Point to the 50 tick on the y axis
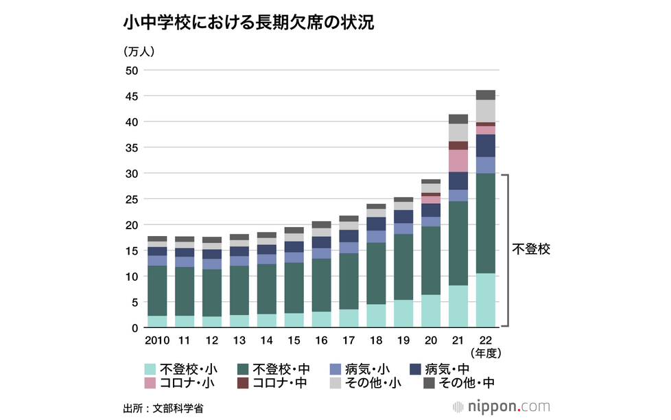(132, 71)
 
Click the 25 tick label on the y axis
(132, 199)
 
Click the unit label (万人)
(140, 51)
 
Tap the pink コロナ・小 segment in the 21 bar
(458, 161)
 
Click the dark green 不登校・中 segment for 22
(486, 223)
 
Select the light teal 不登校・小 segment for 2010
(157, 321)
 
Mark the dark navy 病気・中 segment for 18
(376, 224)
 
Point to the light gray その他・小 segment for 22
(486, 110)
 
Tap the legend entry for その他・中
(459, 383)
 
